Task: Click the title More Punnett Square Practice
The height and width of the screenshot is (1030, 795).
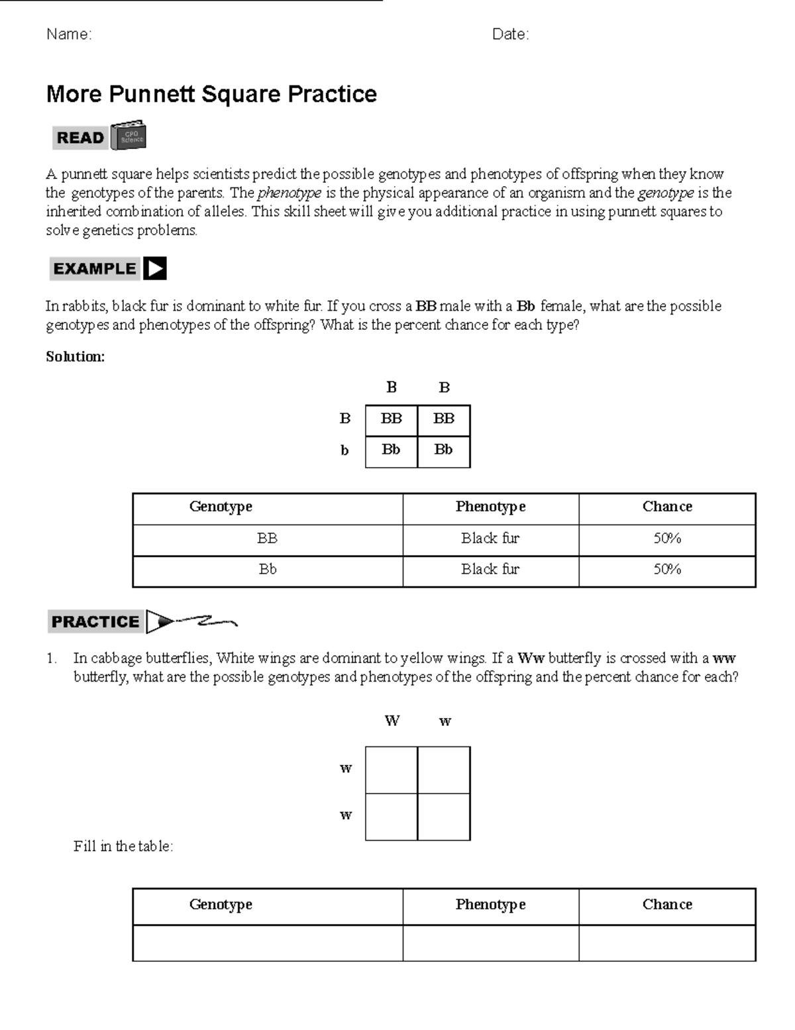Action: (x=211, y=94)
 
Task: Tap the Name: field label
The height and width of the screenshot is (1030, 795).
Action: (x=69, y=34)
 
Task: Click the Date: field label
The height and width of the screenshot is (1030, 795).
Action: (x=510, y=34)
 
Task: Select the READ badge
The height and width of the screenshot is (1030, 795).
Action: (x=79, y=138)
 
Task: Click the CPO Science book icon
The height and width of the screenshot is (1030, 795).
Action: (x=129, y=136)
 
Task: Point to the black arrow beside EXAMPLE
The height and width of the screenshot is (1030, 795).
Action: (x=155, y=269)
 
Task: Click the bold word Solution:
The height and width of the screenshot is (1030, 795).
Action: (x=75, y=356)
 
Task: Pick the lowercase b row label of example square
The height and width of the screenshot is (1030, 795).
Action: (x=344, y=451)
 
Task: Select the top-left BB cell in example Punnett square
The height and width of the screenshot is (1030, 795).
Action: (x=391, y=419)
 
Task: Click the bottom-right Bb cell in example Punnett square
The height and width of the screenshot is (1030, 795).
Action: (x=443, y=450)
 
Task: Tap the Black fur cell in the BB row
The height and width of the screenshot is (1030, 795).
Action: (x=490, y=539)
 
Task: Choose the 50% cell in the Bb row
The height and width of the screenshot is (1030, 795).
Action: (x=667, y=570)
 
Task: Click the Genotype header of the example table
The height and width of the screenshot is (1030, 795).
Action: (x=221, y=507)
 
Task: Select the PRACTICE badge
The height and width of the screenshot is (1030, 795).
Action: (x=95, y=622)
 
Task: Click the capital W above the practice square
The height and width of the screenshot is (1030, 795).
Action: (x=392, y=721)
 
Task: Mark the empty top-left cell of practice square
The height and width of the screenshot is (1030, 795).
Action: (x=391, y=770)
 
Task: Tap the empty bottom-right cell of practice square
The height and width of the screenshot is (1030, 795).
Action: (x=443, y=817)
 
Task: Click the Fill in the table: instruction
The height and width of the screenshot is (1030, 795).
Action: (x=123, y=847)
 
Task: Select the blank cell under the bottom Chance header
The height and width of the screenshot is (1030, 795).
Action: (x=667, y=943)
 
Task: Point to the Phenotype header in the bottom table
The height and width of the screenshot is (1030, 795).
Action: (x=490, y=905)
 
